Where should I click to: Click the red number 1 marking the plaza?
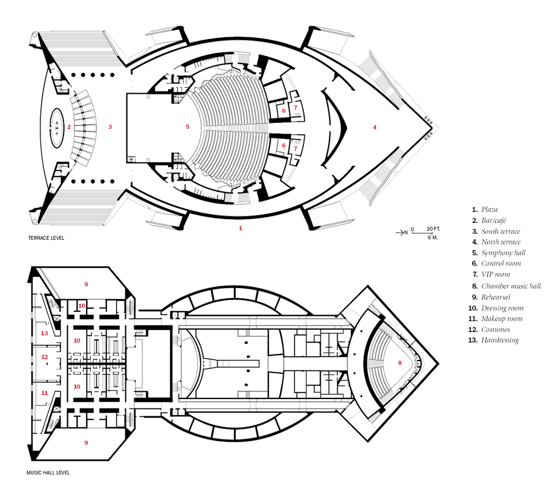240,229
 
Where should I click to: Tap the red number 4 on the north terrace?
375,127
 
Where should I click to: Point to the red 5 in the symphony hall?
188,127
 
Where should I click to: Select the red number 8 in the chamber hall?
400,363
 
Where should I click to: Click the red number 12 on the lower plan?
45,357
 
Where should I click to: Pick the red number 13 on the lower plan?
45,333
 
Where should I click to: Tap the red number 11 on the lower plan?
45,393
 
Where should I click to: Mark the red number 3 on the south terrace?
110,127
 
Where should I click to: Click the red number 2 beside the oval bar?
69,127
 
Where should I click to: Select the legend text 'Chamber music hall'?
511,286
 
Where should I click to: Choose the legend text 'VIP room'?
496,274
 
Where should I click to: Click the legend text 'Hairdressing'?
500,340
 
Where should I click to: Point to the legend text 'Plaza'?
489,210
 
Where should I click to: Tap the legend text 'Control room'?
501,264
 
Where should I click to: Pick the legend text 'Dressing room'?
502,308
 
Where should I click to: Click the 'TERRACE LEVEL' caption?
46,238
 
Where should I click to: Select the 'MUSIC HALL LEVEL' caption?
48,473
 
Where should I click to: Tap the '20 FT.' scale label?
433,229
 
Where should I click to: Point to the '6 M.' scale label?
433,238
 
